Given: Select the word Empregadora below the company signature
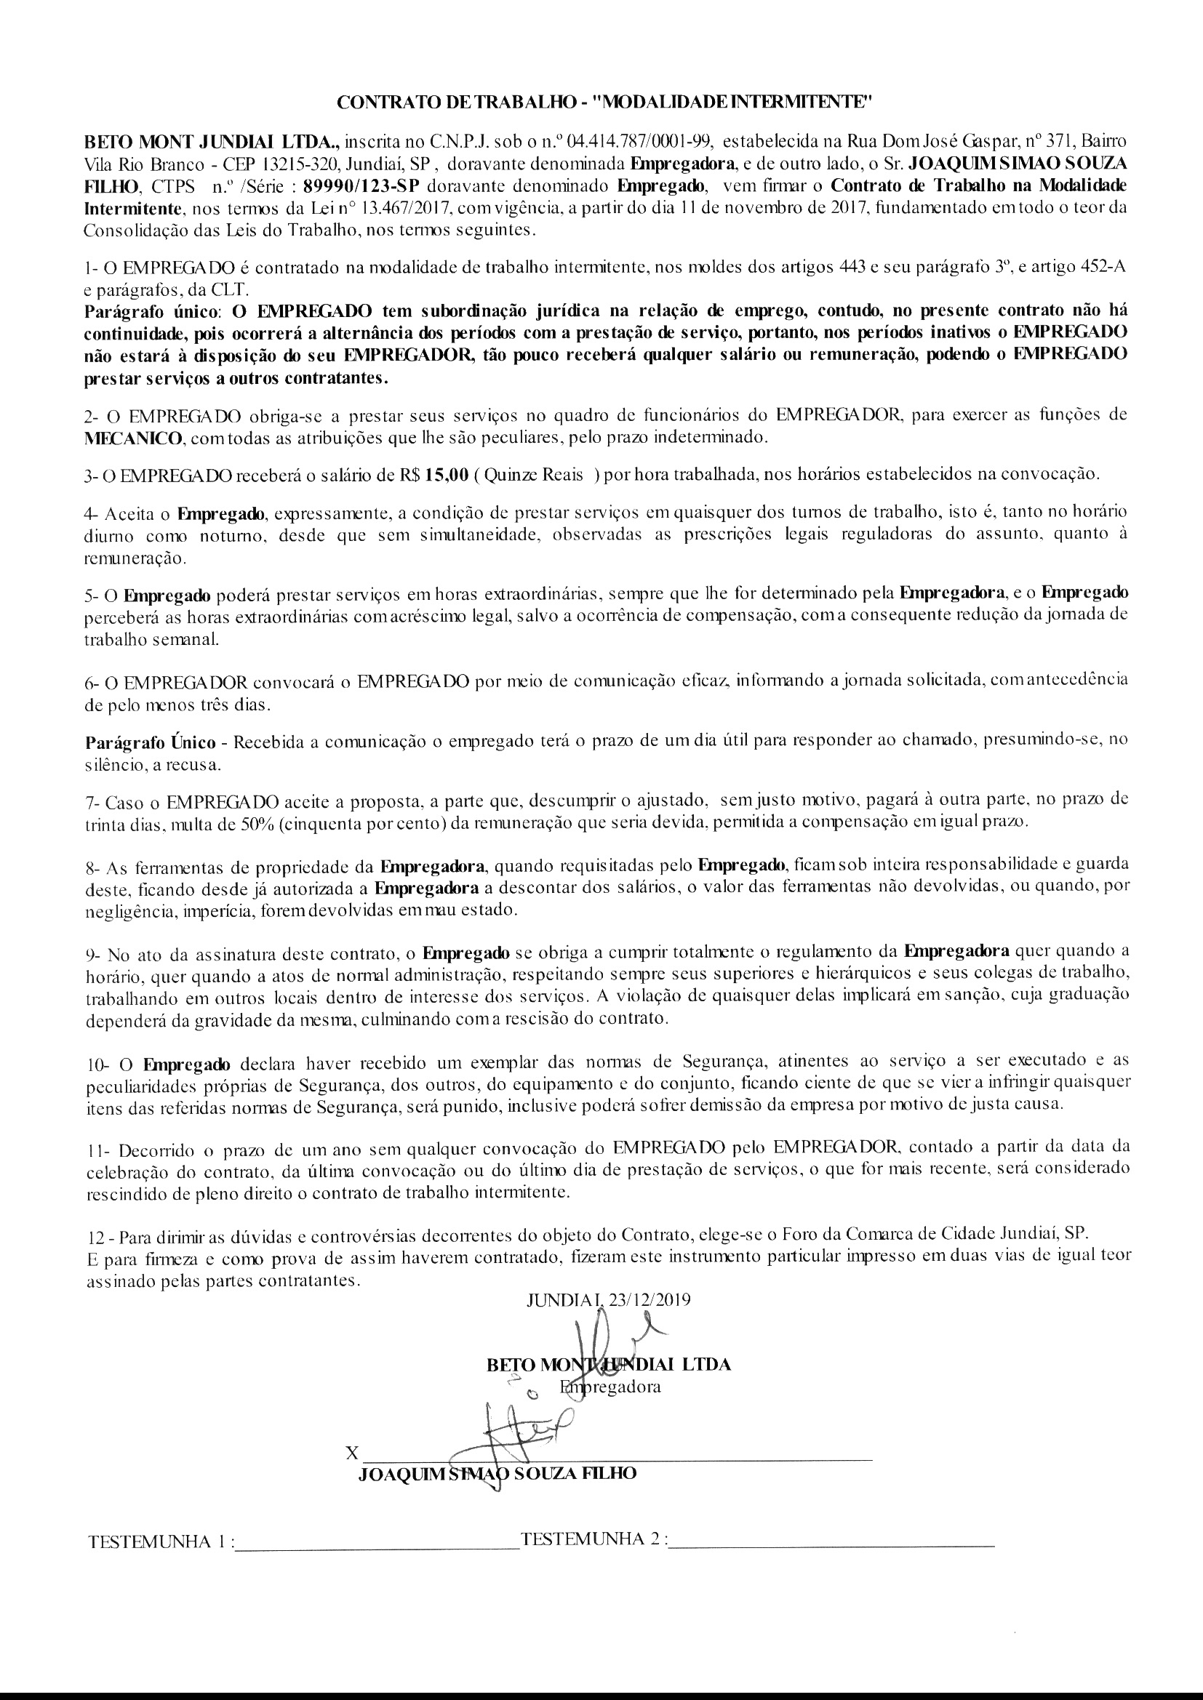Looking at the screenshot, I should pyautogui.click(x=610, y=1387).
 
